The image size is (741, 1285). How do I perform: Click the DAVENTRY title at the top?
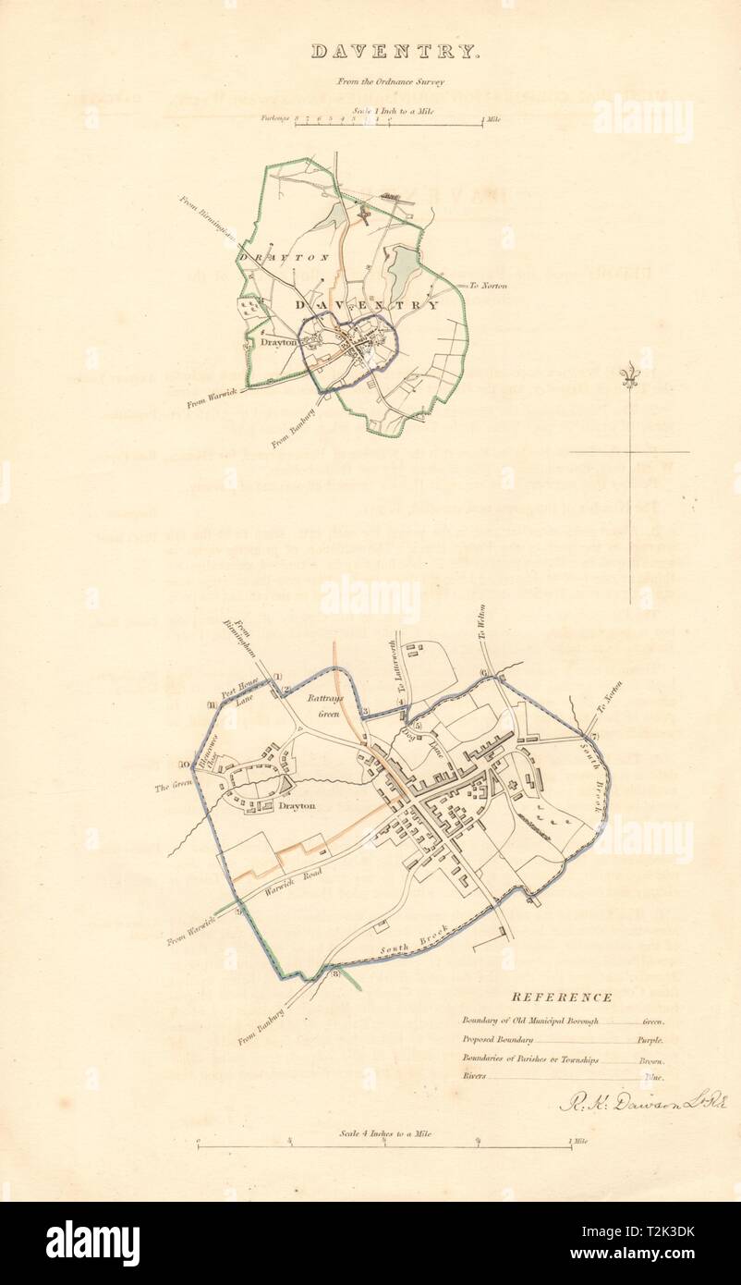click(x=395, y=52)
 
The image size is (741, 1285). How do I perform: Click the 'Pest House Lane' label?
click(x=243, y=694)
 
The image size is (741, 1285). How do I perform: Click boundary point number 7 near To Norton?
click(x=595, y=736)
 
